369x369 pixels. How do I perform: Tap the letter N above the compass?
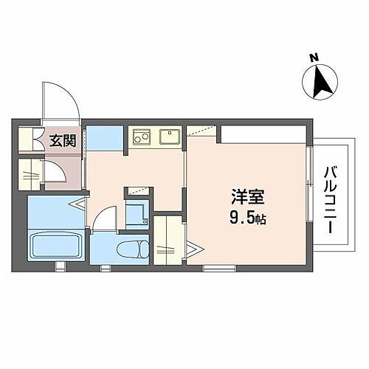coord(313,57)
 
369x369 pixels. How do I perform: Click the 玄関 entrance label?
coord(62,141)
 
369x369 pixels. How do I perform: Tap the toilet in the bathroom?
coord(134,246)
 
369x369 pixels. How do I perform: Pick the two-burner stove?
coord(142,137)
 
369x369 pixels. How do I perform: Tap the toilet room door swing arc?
coord(103,217)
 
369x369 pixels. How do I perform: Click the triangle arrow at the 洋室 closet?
coord(191,247)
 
